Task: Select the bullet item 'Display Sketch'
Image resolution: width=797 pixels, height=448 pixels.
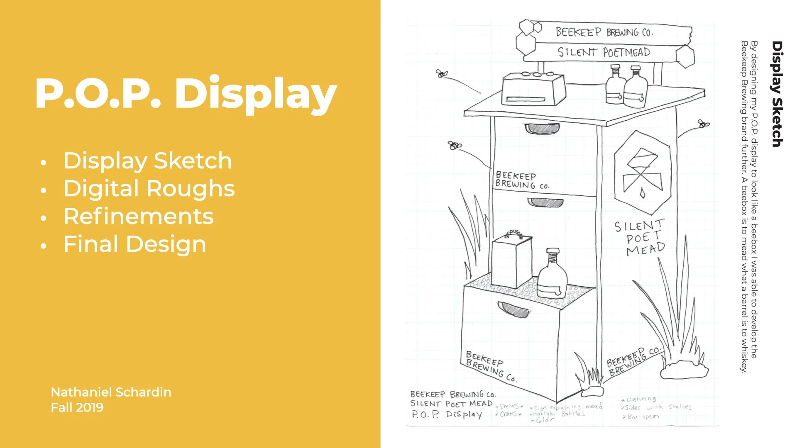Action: click(x=147, y=161)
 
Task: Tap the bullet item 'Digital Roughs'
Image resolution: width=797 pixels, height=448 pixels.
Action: click(x=149, y=189)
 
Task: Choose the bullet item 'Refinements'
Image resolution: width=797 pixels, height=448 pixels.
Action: click(x=138, y=217)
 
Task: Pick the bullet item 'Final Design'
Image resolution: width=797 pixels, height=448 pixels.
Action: click(x=134, y=244)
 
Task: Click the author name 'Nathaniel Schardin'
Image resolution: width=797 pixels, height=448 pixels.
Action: click(x=111, y=392)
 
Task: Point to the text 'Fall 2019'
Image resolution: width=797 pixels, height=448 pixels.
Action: click(x=77, y=408)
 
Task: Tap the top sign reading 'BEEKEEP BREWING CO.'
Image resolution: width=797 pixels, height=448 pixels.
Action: click(x=604, y=32)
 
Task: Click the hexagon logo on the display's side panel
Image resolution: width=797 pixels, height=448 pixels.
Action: click(x=642, y=173)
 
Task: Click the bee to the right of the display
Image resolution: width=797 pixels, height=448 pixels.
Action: click(x=703, y=124)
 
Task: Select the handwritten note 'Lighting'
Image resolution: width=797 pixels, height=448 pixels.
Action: click(x=639, y=399)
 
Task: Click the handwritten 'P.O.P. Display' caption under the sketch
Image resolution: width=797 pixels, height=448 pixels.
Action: click(x=447, y=414)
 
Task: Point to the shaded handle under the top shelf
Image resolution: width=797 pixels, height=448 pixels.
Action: click(x=542, y=129)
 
